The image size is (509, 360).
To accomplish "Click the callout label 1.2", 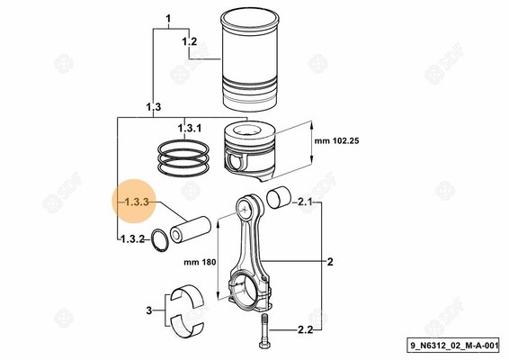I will [190, 43].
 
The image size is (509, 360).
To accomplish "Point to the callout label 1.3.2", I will [131, 239].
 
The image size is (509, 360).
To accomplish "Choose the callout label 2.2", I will [305, 331].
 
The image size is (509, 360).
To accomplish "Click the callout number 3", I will [149, 311].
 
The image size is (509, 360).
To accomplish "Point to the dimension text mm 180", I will [197, 263].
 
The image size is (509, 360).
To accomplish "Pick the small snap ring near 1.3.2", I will [161, 241].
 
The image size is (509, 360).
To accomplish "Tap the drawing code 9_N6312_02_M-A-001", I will [453, 346].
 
